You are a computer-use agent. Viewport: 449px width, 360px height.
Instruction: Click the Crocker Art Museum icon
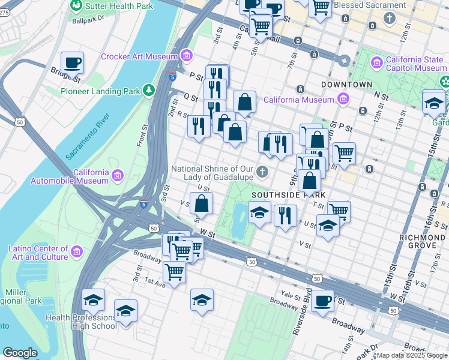(186, 56)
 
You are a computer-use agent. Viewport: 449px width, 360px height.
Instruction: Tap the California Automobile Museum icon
(118, 176)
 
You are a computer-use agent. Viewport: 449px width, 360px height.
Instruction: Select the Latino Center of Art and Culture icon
(77, 253)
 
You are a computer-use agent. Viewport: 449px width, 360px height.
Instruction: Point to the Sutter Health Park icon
(76, 6)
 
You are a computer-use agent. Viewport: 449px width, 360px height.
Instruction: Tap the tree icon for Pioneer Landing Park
(147, 91)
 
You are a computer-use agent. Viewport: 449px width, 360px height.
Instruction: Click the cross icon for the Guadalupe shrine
(262, 173)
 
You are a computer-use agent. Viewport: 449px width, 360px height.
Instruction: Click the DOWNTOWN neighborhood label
(346, 85)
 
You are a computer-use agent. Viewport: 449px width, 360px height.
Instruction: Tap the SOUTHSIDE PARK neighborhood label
(288, 195)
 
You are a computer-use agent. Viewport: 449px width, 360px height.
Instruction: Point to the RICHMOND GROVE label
(423, 238)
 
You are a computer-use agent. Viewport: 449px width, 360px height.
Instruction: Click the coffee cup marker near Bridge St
(72, 62)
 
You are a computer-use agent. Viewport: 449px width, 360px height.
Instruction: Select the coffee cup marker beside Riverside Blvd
(323, 301)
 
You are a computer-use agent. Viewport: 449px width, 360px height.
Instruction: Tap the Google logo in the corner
(20, 353)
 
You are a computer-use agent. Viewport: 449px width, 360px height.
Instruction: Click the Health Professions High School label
(80, 322)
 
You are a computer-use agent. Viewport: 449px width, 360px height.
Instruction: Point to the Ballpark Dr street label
(88, 19)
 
